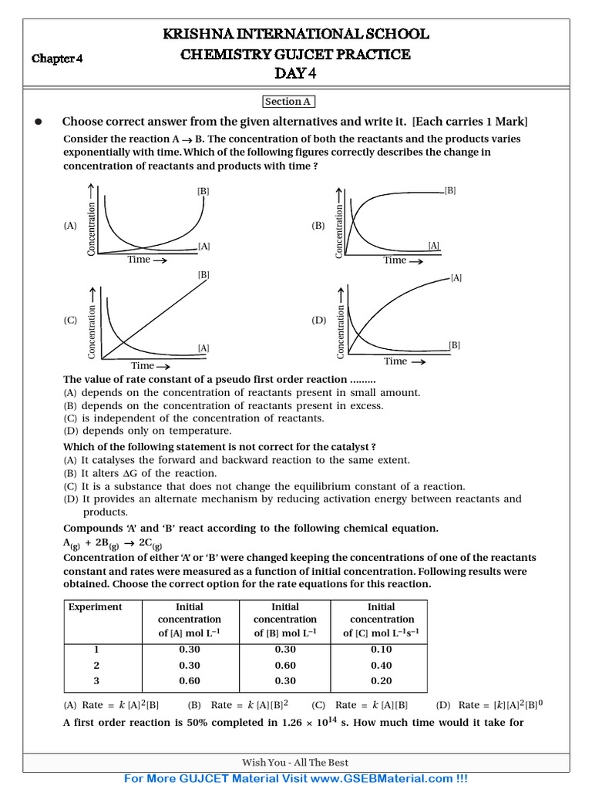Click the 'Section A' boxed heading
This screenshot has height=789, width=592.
tap(288, 102)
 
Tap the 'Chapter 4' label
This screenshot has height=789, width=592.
tap(57, 59)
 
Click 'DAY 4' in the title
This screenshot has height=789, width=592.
tap(295, 74)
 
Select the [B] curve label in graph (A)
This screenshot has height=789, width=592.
tap(203, 191)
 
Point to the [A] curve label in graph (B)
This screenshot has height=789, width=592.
tap(434, 246)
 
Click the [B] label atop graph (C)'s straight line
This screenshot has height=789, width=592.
tap(203, 274)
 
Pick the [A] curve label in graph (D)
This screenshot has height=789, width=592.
tap(456, 278)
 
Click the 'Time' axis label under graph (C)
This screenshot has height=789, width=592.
tap(143, 366)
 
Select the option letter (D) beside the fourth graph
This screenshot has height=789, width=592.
tap(319, 320)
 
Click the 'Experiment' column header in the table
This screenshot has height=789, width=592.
tap(96, 606)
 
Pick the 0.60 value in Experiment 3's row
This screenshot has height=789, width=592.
tap(189, 680)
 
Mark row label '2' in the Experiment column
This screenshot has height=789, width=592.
tap(96, 665)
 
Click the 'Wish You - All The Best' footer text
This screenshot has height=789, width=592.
tap(295, 763)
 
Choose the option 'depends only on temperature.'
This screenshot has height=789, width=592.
tap(156, 431)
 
